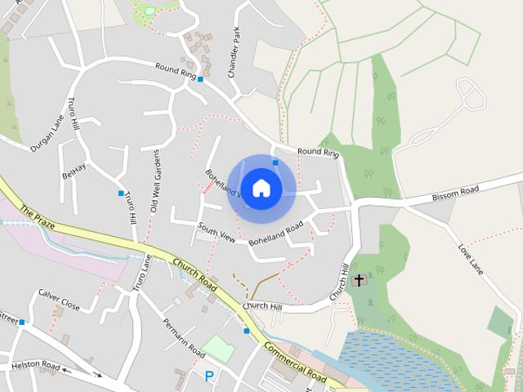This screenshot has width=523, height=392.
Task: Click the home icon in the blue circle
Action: click(x=261, y=188)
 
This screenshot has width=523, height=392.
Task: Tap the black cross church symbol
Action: click(x=358, y=280)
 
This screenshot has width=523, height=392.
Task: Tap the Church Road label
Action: click(x=194, y=274)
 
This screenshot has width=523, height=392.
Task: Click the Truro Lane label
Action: click(x=142, y=273)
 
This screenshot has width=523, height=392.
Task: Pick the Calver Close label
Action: click(x=59, y=300)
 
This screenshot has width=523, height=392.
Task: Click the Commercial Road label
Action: click(x=295, y=362)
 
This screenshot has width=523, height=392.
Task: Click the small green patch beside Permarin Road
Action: click(x=218, y=347)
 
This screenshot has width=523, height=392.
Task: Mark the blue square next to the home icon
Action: click(x=276, y=163)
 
